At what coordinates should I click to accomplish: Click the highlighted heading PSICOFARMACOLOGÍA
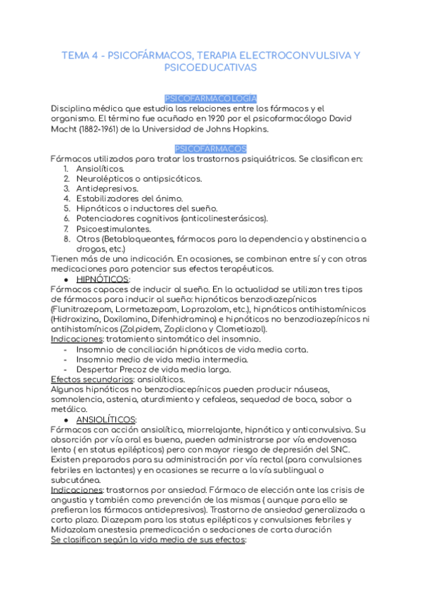coord(210,99)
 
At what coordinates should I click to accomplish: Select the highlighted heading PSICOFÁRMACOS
coord(210,149)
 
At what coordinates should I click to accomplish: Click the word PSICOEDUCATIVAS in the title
coord(210,68)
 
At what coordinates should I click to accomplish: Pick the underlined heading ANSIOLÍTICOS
coord(106,419)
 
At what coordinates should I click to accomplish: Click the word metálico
coord(68,409)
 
